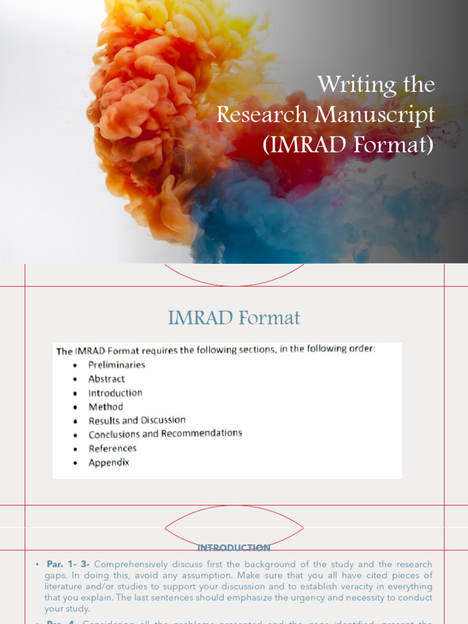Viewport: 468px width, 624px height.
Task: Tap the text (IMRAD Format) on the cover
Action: point(347,146)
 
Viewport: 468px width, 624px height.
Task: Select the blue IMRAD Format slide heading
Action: point(234,317)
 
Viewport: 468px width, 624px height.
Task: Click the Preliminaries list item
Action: point(116,364)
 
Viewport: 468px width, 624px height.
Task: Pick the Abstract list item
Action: point(106,378)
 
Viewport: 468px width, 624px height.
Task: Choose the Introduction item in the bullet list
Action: point(115,393)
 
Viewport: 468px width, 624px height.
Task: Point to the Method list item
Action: point(105,406)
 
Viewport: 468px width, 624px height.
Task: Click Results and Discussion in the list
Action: point(136,420)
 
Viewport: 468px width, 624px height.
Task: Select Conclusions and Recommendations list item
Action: point(165,434)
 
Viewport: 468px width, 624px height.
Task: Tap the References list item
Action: point(112,448)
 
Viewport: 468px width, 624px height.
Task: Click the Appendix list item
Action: point(108,463)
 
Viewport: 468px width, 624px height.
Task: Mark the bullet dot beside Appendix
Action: point(75,464)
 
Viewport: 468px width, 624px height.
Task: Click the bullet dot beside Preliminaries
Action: point(75,366)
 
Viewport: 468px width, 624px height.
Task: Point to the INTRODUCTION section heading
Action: point(234,548)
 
